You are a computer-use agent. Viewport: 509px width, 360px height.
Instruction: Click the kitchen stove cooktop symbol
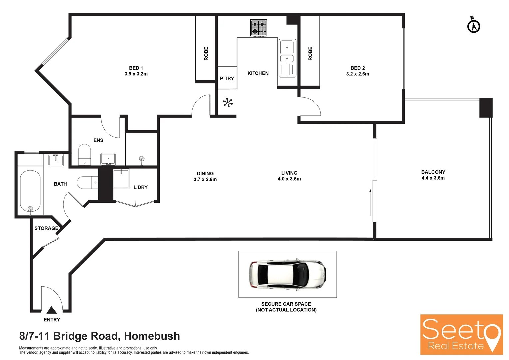point(258,28)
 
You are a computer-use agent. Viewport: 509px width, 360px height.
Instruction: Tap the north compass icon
point(473,26)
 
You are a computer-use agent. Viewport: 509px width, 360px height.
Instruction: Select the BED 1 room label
point(136,68)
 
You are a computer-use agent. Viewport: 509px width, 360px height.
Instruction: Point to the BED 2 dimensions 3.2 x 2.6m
point(358,74)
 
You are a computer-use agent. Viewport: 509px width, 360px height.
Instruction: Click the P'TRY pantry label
point(227,79)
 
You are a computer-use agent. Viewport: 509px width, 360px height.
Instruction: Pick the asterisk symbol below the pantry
point(228,103)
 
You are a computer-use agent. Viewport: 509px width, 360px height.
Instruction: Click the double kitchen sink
point(287,58)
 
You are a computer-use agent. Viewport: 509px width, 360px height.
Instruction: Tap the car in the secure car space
point(287,274)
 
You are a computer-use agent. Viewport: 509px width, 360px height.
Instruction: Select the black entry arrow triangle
point(51,310)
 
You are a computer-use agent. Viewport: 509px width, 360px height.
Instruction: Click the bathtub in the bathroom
point(30,191)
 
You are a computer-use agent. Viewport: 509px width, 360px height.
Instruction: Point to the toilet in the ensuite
point(84,154)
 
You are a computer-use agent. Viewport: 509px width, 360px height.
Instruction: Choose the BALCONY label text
point(433,172)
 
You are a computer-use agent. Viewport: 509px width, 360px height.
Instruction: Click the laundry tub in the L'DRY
point(121,179)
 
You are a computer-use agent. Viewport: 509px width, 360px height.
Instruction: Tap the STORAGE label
point(46,228)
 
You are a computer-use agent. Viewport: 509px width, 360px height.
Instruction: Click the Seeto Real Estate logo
point(461,334)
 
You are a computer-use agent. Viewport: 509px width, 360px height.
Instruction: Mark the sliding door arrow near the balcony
point(370,202)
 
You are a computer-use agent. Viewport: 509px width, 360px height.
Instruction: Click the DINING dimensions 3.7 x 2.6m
point(205,179)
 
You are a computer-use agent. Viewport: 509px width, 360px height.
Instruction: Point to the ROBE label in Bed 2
point(310,53)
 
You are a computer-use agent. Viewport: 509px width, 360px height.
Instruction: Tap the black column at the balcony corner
point(486,107)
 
